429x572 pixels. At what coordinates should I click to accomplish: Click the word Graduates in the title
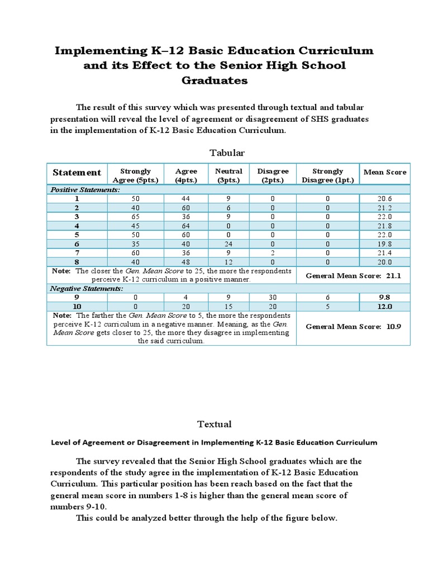(214, 80)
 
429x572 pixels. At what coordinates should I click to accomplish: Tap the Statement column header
(77, 173)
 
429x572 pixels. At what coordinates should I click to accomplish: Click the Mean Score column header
(385, 172)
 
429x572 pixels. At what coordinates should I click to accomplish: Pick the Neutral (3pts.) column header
(228, 175)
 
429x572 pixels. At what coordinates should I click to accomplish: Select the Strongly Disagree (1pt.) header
(328, 175)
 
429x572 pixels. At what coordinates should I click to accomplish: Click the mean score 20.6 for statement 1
(385, 199)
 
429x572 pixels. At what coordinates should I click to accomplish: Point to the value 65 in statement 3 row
(136, 217)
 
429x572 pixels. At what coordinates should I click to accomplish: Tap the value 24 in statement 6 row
(228, 244)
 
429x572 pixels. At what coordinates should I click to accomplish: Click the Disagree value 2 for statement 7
(273, 253)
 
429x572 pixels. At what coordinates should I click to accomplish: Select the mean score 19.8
(385, 244)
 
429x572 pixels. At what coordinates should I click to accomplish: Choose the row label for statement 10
(77, 307)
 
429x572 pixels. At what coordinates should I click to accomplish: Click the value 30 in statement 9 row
(273, 298)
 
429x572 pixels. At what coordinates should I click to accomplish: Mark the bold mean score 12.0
(385, 307)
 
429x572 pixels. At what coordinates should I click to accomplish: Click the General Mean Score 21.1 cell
(353, 276)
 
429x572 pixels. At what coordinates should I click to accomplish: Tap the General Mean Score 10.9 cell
(353, 326)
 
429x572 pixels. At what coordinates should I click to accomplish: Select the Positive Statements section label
(85, 190)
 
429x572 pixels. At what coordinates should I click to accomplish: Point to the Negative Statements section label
(87, 289)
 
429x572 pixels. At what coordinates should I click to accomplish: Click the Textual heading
(214, 424)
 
